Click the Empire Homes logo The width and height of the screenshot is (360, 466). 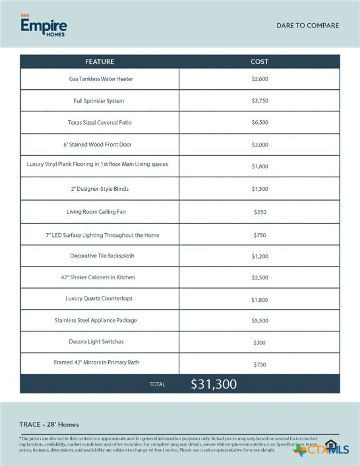(44, 26)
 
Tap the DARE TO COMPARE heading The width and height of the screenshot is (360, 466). (308, 26)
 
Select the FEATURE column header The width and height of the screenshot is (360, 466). (99, 62)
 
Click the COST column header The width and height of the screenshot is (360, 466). (259, 62)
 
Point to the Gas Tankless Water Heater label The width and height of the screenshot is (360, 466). (101, 79)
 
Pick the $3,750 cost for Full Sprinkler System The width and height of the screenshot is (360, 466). (260, 101)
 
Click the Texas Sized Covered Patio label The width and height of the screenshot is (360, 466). (99, 123)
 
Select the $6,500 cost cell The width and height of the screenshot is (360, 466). (260, 123)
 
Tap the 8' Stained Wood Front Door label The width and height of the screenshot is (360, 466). (97, 144)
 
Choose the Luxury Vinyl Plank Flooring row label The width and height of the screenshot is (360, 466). (97, 164)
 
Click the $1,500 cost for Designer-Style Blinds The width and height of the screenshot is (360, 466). (260, 189)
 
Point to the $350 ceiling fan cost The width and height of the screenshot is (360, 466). (260, 212)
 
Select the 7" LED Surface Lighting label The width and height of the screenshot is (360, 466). (102, 235)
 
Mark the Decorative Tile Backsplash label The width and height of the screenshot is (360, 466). (102, 256)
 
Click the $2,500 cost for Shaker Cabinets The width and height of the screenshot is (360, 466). (260, 278)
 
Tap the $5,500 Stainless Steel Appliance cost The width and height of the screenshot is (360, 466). (260, 321)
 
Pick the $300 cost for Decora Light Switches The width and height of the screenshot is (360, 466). (259, 343)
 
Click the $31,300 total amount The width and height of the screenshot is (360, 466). (214, 384)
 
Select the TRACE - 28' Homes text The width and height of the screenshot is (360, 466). (49, 425)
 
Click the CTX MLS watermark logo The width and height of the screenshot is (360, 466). (322, 449)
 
